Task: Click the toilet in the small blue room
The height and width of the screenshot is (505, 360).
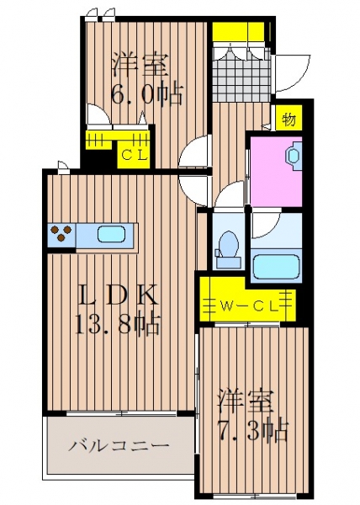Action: tap(229, 249)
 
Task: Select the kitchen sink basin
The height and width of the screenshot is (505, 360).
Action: tap(111, 234)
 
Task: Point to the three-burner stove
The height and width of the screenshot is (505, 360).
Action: tap(61, 233)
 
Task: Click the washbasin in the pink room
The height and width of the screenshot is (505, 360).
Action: tap(294, 157)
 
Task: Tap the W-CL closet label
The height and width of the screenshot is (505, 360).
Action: tap(248, 306)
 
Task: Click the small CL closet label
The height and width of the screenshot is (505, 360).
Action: tap(134, 156)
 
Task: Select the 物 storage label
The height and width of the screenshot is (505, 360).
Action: tap(289, 120)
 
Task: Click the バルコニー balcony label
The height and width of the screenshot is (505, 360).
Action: tap(119, 446)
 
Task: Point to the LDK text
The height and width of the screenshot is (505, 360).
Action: tap(119, 295)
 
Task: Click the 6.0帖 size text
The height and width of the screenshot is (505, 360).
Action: tap(147, 93)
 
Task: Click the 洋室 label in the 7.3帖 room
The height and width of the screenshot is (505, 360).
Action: tap(246, 401)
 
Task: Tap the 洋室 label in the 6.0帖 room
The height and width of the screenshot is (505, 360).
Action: tap(140, 65)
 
